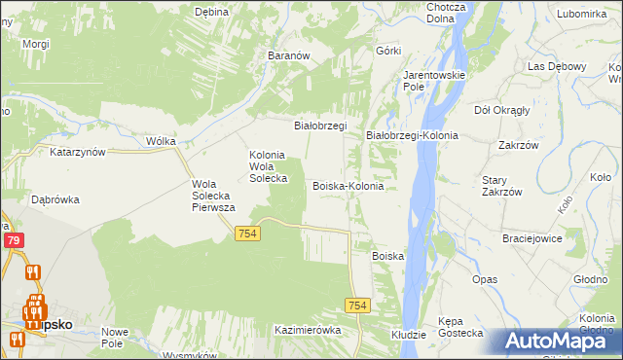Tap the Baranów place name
point(288,56)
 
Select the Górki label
point(388,50)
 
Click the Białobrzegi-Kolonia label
point(412,135)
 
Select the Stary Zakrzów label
point(502,186)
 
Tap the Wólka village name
point(161,141)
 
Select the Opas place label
point(485,279)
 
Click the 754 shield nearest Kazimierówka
point(357,306)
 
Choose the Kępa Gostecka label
point(461,326)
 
